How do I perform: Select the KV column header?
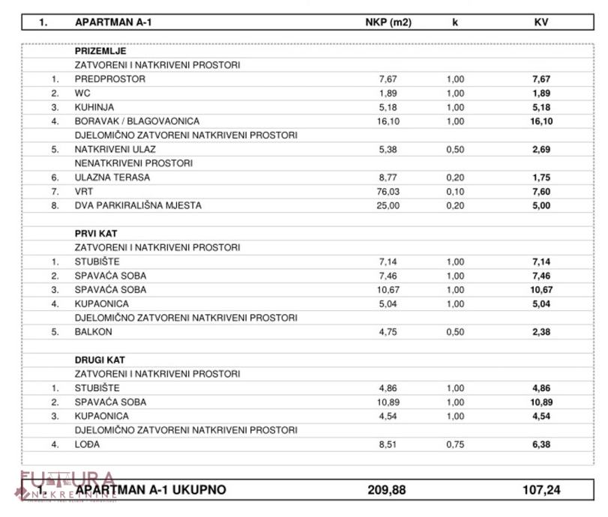(x=541, y=22)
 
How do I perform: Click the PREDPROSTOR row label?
(x=109, y=79)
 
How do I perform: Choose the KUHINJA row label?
(x=95, y=107)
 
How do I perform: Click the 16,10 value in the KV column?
(x=541, y=121)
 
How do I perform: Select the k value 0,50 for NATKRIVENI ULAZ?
(x=455, y=149)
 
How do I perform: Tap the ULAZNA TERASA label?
(x=112, y=178)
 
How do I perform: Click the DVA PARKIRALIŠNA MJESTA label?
(x=138, y=205)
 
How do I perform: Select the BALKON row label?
(x=93, y=332)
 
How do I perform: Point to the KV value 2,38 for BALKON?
(x=541, y=332)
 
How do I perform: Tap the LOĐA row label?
(x=87, y=444)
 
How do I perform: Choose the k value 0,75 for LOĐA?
(x=455, y=444)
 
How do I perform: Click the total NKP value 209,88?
(x=387, y=490)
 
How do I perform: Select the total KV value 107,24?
(x=541, y=490)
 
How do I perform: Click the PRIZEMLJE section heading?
(x=100, y=52)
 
